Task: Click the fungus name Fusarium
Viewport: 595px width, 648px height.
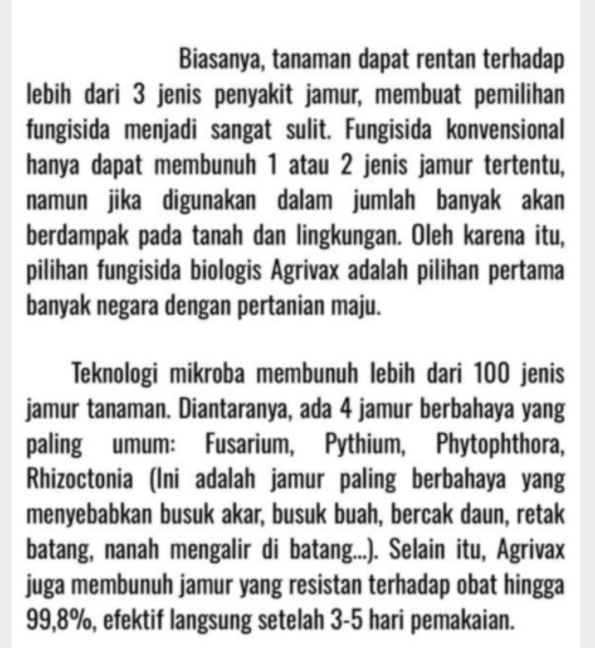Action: tap(248, 444)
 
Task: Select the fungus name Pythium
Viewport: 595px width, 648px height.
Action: tap(363, 444)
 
